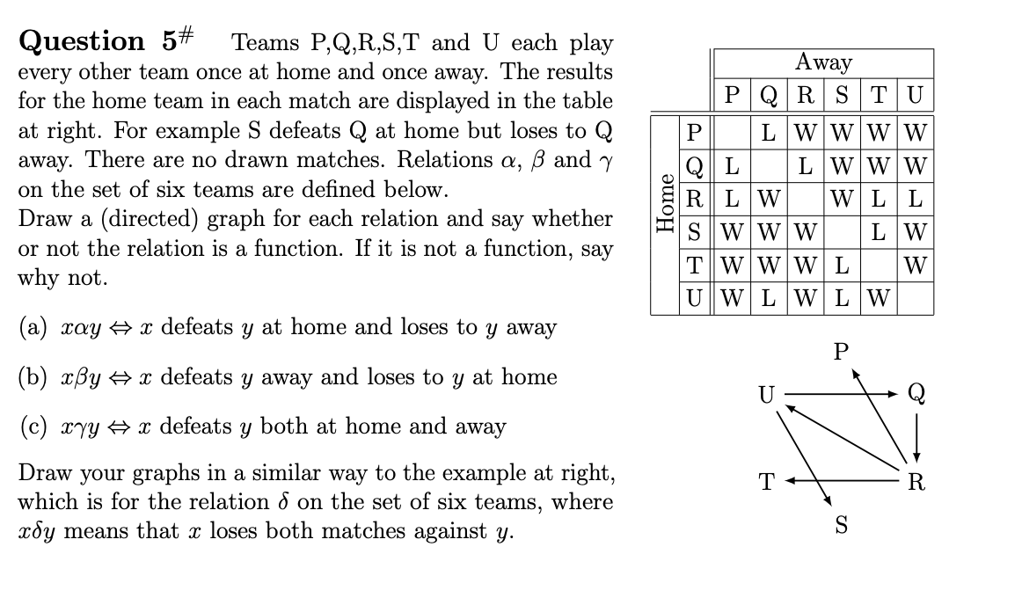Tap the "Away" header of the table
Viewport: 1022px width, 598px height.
click(x=823, y=62)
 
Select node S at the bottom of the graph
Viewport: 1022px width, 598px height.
click(x=840, y=526)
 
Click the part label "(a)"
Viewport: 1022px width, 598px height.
click(x=33, y=328)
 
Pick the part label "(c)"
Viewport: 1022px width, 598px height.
click(x=33, y=427)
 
